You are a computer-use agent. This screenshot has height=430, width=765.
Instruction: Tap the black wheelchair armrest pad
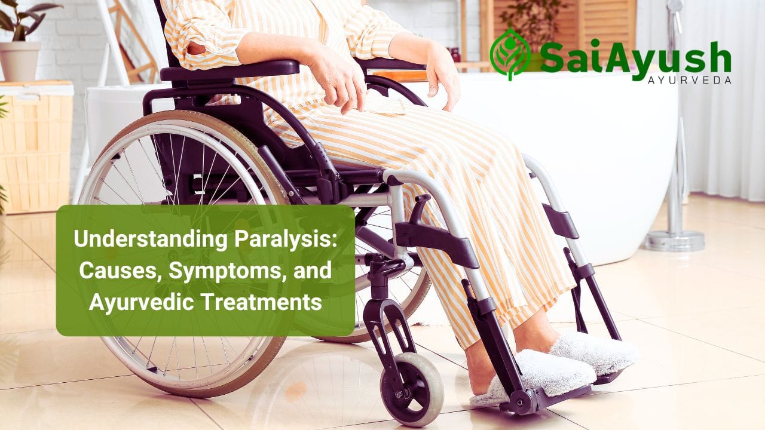point(230,69)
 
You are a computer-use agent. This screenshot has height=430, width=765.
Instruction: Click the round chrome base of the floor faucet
point(674,241)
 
